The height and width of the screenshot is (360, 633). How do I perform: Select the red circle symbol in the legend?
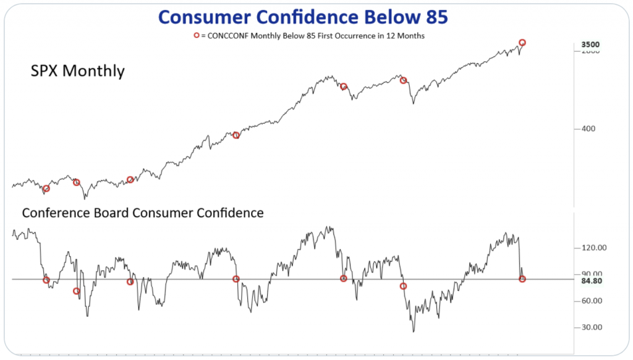[x=197, y=36]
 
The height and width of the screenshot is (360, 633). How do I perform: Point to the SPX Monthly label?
[x=77, y=71]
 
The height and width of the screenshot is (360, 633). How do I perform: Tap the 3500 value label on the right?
[x=590, y=45]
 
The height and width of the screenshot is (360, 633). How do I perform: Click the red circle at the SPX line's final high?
[x=522, y=43]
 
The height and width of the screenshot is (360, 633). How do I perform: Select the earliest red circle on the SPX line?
[x=46, y=189]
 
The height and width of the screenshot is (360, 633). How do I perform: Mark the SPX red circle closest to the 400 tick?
[x=236, y=135]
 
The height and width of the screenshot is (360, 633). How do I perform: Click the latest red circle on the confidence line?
[x=522, y=279]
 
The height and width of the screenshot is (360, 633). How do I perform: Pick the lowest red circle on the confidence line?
[x=77, y=291]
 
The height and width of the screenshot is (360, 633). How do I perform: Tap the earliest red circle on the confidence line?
[x=46, y=280]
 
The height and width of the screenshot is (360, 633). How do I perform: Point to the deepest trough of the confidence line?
[x=413, y=332]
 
